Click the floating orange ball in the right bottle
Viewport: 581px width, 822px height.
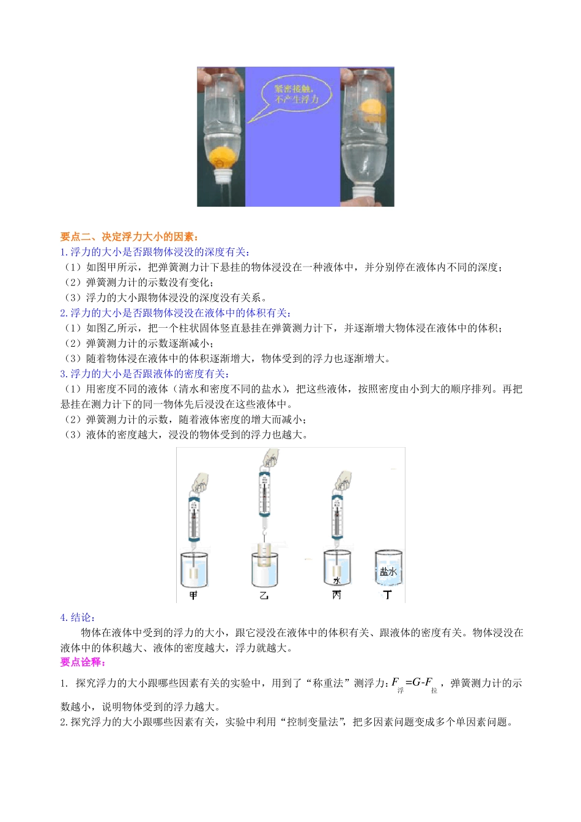pyautogui.click(x=372, y=111)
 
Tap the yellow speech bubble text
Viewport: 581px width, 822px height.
pyautogui.click(x=295, y=94)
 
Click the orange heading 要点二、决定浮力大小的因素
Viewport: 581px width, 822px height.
pyautogui.click(x=130, y=237)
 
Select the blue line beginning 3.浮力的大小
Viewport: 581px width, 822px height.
pyautogui.click(x=145, y=374)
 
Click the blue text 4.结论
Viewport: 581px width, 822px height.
pyautogui.click(x=78, y=617)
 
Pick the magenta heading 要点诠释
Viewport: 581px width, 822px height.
pyautogui.click(x=83, y=662)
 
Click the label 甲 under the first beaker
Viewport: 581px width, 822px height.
pyautogui.click(x=193, y=595)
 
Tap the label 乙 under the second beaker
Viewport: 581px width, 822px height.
pyautogui.click(x=264, y=595)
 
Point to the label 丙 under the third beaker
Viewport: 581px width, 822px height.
pyautogui.click(x=336, y=595)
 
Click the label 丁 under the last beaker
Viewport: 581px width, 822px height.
pyautogui.click(x=388, y=595)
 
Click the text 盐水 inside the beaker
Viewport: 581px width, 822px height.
pyautogui.click(x=388, y=572)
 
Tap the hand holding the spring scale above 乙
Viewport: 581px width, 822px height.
pyautogui.click(x=270, y=457)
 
